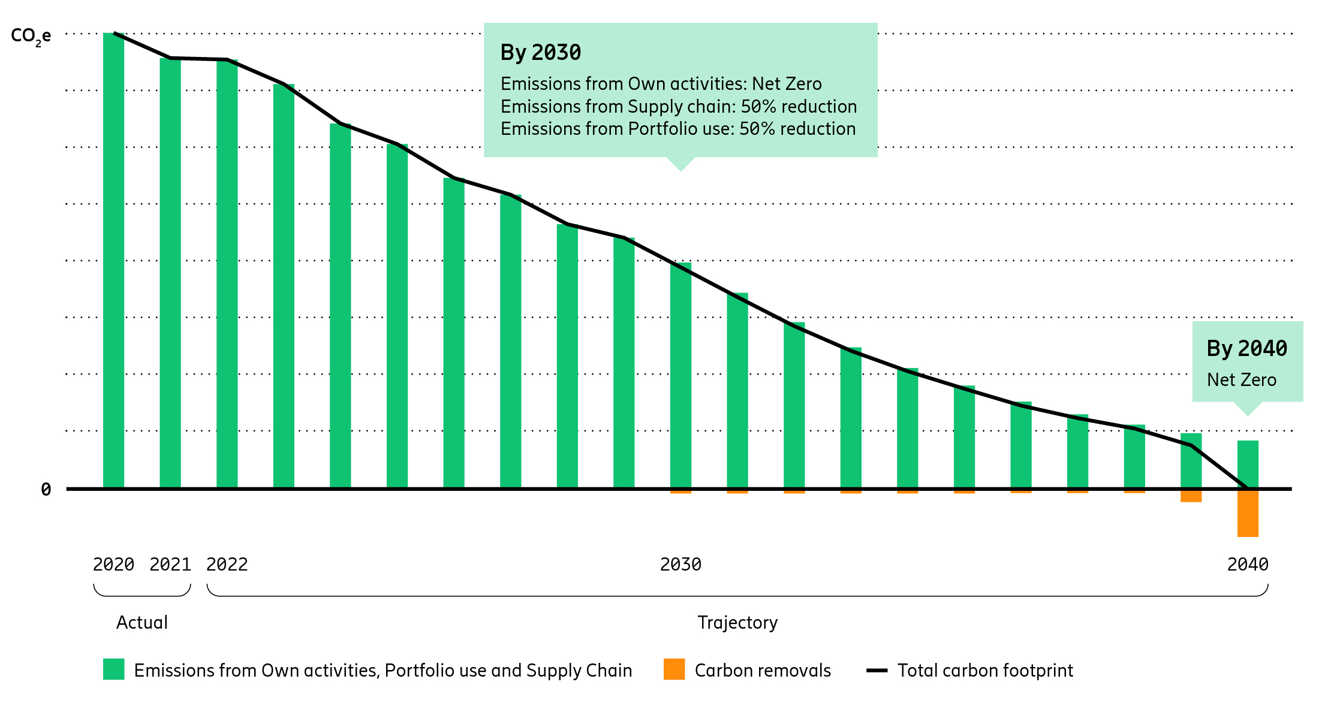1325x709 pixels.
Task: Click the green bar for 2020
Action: tap(113, 261)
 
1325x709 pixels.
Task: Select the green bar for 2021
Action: tap(170, 273)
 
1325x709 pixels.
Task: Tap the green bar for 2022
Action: tap(227, 274)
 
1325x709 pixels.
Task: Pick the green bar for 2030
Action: tap(680, 375)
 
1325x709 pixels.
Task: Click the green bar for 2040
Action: tap(1248, 464)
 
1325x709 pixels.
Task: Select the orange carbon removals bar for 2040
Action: tap(1248, 514)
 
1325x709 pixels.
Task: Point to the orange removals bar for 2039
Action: tap(1191, 496)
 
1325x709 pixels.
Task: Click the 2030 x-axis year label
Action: tap(680, 565)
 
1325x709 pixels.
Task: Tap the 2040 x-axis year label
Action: tap(1248, 565)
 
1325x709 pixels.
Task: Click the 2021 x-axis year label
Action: tap(170, 565)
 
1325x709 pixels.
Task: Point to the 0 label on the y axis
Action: tap(46, 490)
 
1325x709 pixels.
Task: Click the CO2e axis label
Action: tap(31, 36)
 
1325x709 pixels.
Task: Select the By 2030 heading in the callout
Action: tap(541, 53)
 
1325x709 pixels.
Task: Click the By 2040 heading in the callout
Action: tap(1246, 349)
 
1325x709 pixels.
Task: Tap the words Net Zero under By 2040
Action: tap(1241, 380)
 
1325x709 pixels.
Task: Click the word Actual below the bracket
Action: tap(142, 623)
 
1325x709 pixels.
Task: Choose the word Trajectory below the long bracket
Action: tap(737, 623)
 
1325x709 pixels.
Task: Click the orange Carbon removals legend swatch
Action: tap(674, 669)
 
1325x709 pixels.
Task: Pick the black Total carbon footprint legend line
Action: tap(877, 670)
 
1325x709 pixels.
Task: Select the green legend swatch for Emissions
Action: tap(113, 669)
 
